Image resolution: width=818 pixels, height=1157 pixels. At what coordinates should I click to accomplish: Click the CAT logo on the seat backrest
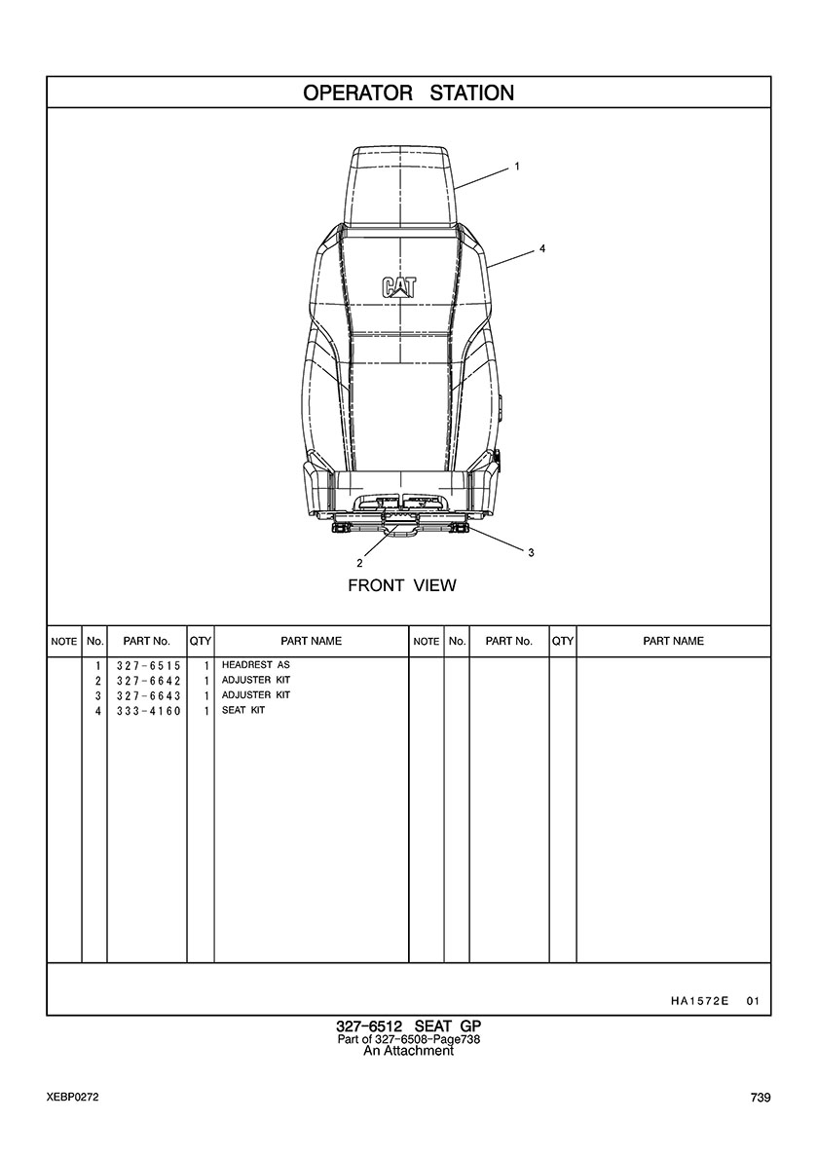(398, 287)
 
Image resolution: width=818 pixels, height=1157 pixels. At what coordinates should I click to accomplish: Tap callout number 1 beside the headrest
(517, 167)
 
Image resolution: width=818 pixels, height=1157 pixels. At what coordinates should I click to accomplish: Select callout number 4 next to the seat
(542, 249)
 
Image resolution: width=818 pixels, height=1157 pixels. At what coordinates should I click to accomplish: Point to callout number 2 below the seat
(360, 563)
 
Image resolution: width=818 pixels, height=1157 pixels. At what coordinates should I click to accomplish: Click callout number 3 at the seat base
(531, 552)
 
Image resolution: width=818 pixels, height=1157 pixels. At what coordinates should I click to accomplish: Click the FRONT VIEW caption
(402, 586)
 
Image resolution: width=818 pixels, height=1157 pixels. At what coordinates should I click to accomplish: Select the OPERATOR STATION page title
(409, 93)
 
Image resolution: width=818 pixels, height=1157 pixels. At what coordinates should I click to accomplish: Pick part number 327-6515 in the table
(148, 665)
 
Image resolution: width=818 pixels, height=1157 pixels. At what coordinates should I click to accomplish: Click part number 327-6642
(148, 681)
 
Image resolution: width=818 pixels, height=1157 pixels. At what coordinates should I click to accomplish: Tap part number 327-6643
(148, 695)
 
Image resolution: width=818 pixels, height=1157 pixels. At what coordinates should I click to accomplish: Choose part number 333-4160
(148, 711)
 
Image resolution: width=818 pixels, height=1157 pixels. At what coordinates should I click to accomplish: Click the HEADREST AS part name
(256, 665)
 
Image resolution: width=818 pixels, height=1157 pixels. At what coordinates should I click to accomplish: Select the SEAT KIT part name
(243, 711)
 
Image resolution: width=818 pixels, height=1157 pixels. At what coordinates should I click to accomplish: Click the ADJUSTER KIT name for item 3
(256, 695)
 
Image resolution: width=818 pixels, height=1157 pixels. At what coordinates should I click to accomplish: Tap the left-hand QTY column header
(200, 641)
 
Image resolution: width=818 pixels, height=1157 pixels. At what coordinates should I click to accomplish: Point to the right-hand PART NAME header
(674, 641)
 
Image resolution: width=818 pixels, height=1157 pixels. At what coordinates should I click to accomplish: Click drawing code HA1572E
(700, 1001)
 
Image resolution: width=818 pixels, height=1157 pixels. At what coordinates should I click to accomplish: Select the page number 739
(761, 1098)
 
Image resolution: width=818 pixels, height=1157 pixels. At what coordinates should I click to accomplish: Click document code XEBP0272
(72, 1098)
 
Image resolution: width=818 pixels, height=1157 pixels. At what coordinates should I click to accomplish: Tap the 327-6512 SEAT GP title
(409, 1026)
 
